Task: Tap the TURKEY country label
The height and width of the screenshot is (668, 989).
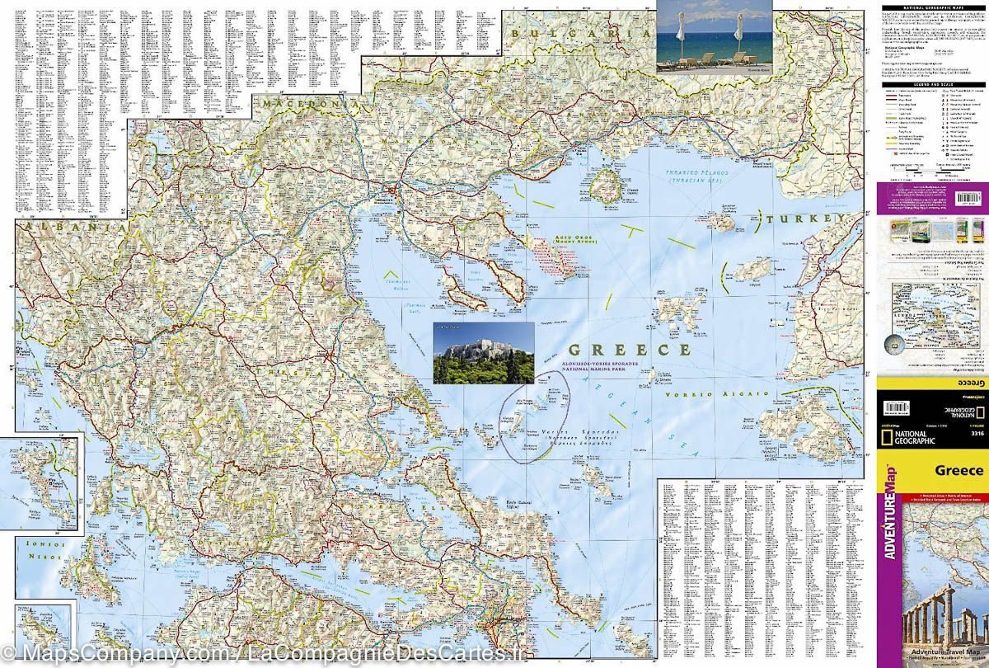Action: tap(801, 219)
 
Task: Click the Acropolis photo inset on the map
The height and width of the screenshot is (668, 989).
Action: tap(484, 352)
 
